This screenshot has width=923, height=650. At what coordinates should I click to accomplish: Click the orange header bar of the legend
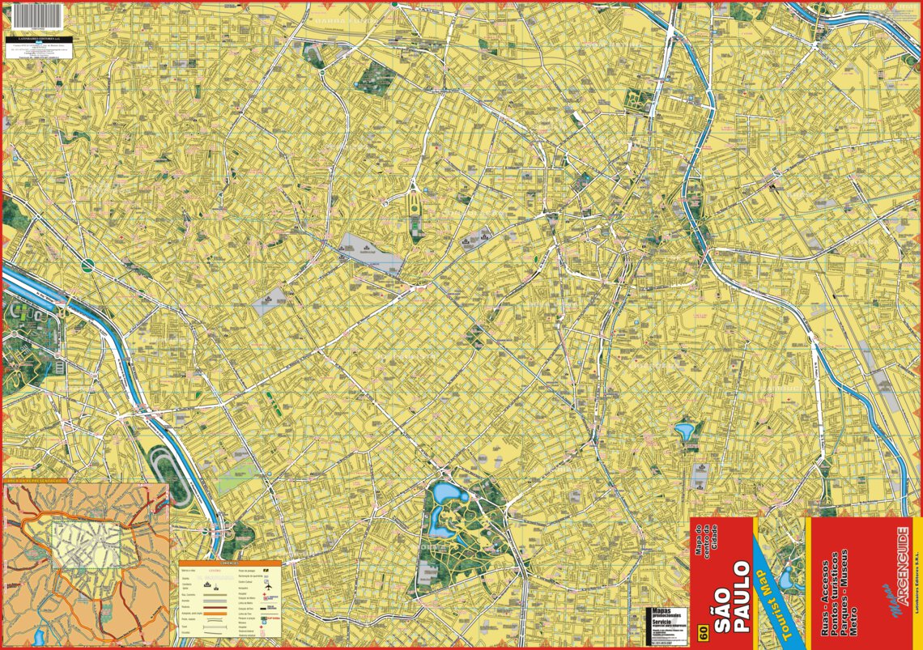229,563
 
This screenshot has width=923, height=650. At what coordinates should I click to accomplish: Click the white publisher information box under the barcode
36,50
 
